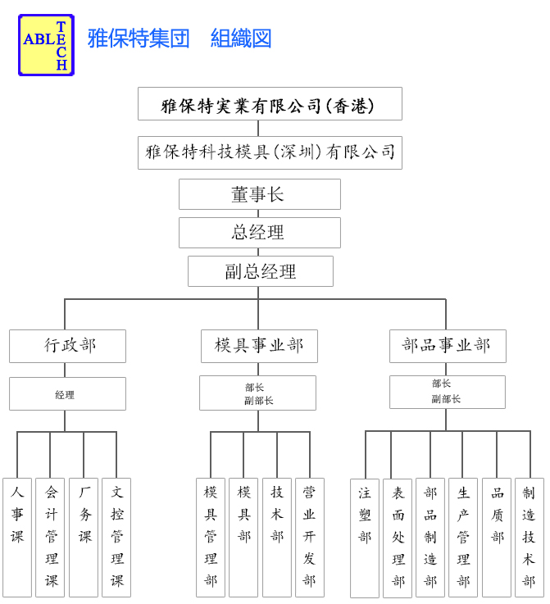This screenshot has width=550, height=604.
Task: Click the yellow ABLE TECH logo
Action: click(46, 45)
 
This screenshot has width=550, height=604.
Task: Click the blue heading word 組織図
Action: click(241, 39)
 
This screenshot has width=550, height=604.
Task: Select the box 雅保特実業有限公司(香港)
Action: click(270, 103)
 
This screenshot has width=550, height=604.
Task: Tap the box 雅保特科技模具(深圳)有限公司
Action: click(270, 152)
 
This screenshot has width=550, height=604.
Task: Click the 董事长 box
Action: click(260, 194)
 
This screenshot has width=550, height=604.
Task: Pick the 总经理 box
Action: click(260, 233)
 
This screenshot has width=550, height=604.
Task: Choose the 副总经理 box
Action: click(261, 271)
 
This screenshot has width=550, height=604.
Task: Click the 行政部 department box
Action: click(67, 346)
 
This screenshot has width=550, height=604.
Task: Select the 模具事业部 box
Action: click(259, 346)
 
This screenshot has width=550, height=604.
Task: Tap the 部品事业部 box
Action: click(448, 346)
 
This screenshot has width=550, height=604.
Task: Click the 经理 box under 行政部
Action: click(67, 393)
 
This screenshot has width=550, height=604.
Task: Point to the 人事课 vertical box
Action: click(17, 538)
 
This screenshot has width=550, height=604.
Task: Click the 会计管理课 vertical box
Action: click(50, 538)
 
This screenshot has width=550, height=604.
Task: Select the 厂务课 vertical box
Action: click(84, 538)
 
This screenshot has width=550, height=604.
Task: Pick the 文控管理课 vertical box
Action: click(116, 538)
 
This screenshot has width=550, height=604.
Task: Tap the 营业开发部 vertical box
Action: click(310, 538)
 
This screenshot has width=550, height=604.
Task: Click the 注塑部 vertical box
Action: click(365, 538)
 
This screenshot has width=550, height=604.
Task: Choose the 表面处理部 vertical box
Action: click(398, 538)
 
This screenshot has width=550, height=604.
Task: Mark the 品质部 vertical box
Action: click(497, 538)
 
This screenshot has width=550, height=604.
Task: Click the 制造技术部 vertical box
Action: click(530, 538)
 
